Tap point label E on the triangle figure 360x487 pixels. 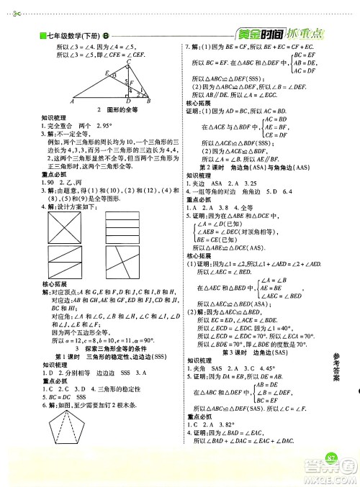tap(107, 73)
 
